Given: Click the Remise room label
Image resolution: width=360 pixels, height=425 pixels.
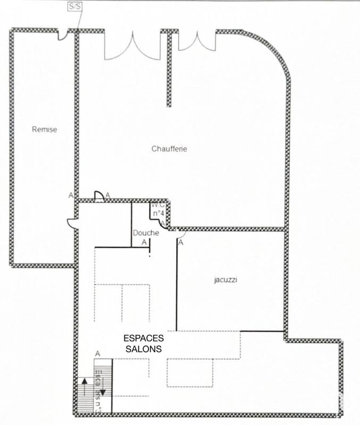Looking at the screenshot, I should coord(44,129).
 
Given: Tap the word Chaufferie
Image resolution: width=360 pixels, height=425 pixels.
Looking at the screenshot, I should coord(169,149).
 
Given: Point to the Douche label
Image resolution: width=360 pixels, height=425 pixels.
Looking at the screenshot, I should coord(146,233).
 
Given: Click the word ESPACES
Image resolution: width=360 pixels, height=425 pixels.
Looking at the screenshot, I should coord(144,338).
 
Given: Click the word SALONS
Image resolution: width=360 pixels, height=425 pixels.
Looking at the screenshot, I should coord(144,349).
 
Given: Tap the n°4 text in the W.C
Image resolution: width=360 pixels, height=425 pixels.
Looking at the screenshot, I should coord(158,214).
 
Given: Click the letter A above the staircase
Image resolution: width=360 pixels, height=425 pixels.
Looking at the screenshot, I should coord(97,353).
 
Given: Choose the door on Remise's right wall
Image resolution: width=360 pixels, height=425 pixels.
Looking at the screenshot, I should coord(72,223).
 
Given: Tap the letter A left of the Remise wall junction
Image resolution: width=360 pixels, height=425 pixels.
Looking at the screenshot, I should coord(71,195).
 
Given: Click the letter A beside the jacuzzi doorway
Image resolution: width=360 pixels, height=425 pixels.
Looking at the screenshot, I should coord(180,243).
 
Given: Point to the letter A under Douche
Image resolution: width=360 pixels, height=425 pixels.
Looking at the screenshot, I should coord(144,242).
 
